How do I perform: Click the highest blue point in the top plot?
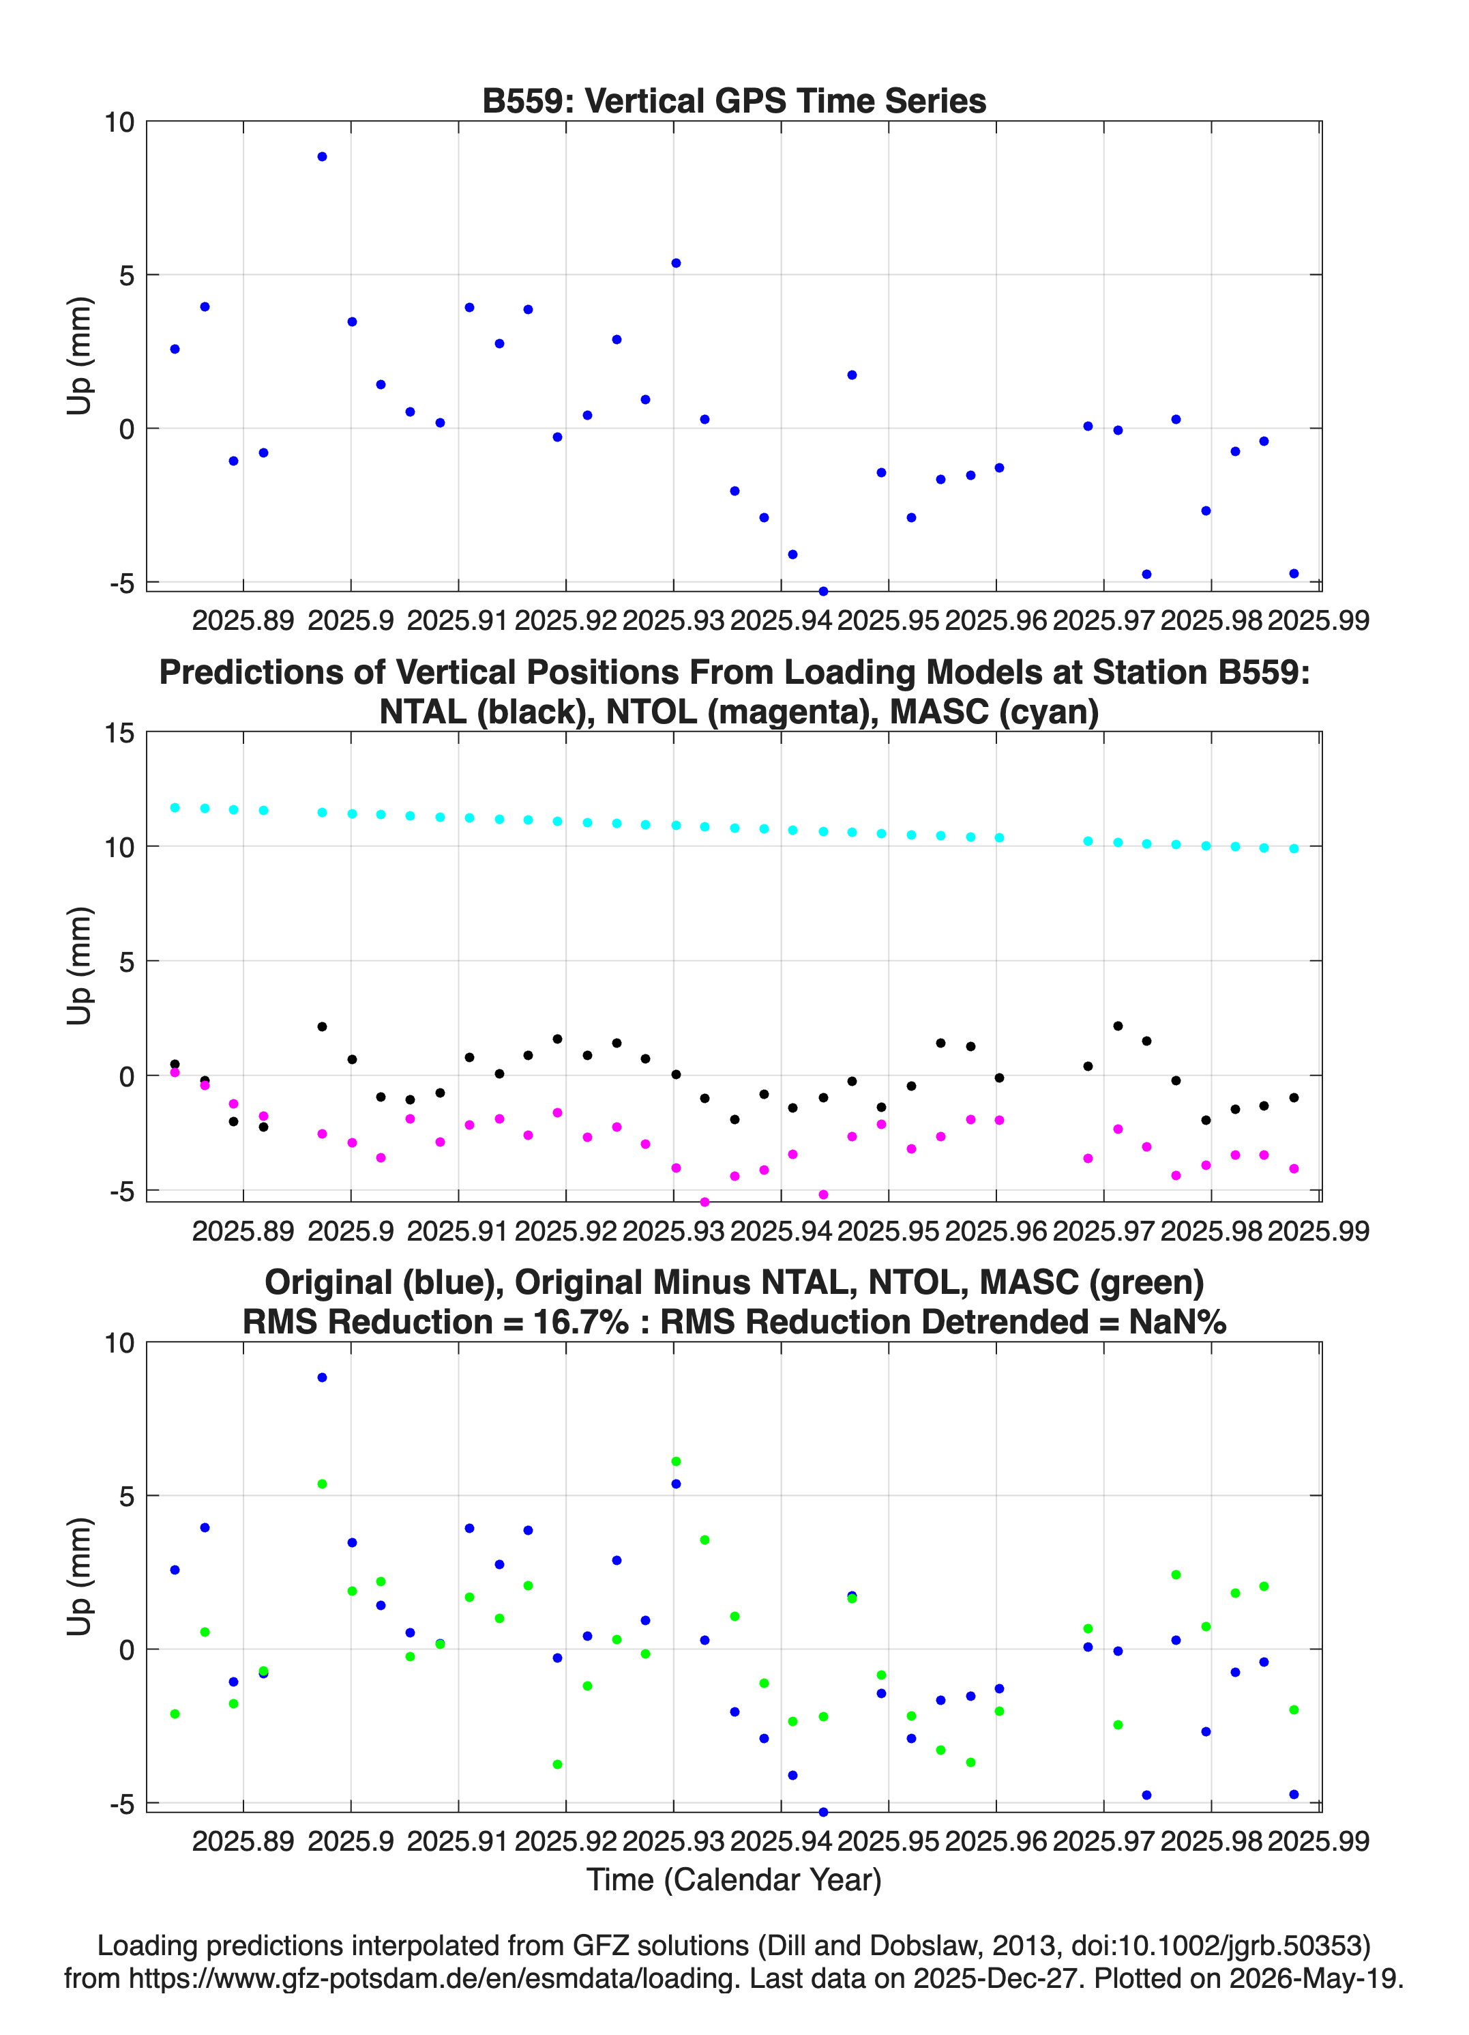pos(322,157)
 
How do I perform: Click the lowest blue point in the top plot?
pos(823,591)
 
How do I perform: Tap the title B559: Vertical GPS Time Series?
pos(734,100)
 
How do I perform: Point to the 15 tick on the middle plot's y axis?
pos(119,733)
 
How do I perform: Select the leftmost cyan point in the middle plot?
pos(175,807)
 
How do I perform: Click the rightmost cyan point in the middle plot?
pos(1293,848)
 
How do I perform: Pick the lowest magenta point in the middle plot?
pos(705,1202)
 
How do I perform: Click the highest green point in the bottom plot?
pos(677,1462)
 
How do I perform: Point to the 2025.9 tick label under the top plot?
pos(351,620)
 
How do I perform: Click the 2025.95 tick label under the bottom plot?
pos(888,1841)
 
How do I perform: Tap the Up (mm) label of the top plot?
pos(80,356)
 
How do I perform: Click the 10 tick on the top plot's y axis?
pos(119,122)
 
